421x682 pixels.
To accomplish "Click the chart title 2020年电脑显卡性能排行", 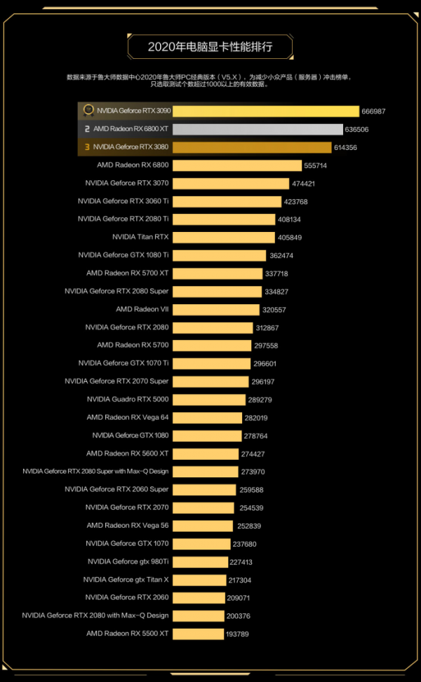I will [x=210, y=47].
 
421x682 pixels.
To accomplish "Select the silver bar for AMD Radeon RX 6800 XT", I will [x=258, y=129].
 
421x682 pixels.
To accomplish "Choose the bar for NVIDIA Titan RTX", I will [x=223, y=237].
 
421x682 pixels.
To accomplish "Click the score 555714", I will [x=315, y=165].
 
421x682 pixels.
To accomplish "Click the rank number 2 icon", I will [x=87, y=129].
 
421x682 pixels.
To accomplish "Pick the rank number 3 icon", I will [x=87, y=147].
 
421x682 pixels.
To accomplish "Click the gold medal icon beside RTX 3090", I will [x=88, y=111].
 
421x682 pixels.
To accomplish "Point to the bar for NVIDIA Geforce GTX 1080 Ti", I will [x=219, y=255].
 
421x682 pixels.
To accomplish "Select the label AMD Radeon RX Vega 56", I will [x=128, y=526].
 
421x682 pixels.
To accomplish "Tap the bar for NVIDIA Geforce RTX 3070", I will [x=230, y=183].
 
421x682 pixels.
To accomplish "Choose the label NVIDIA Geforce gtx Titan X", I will [x=126, y=580].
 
